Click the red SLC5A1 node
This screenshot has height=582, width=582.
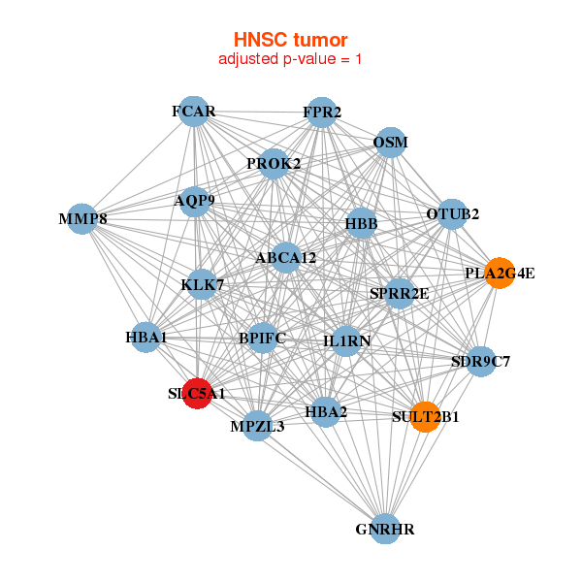197,394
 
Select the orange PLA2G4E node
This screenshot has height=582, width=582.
500,273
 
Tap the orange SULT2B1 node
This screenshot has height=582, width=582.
425,417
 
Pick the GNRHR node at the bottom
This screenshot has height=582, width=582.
385,529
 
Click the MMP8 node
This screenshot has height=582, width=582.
82,219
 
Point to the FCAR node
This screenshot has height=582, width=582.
194,112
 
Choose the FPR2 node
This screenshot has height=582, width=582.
321,113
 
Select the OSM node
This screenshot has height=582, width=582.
390,143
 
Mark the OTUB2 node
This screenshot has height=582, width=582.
452,213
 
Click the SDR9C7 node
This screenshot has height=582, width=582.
480,362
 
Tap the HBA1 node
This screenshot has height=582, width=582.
146,338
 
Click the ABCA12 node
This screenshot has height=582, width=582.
285,258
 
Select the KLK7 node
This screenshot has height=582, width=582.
202,285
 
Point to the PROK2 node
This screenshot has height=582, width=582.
274,163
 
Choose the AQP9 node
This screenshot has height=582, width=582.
195,202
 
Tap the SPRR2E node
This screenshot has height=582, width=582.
399,293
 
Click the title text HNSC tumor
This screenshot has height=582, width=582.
290,40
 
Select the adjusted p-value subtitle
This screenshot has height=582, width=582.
290,60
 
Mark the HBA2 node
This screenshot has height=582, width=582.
326,412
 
